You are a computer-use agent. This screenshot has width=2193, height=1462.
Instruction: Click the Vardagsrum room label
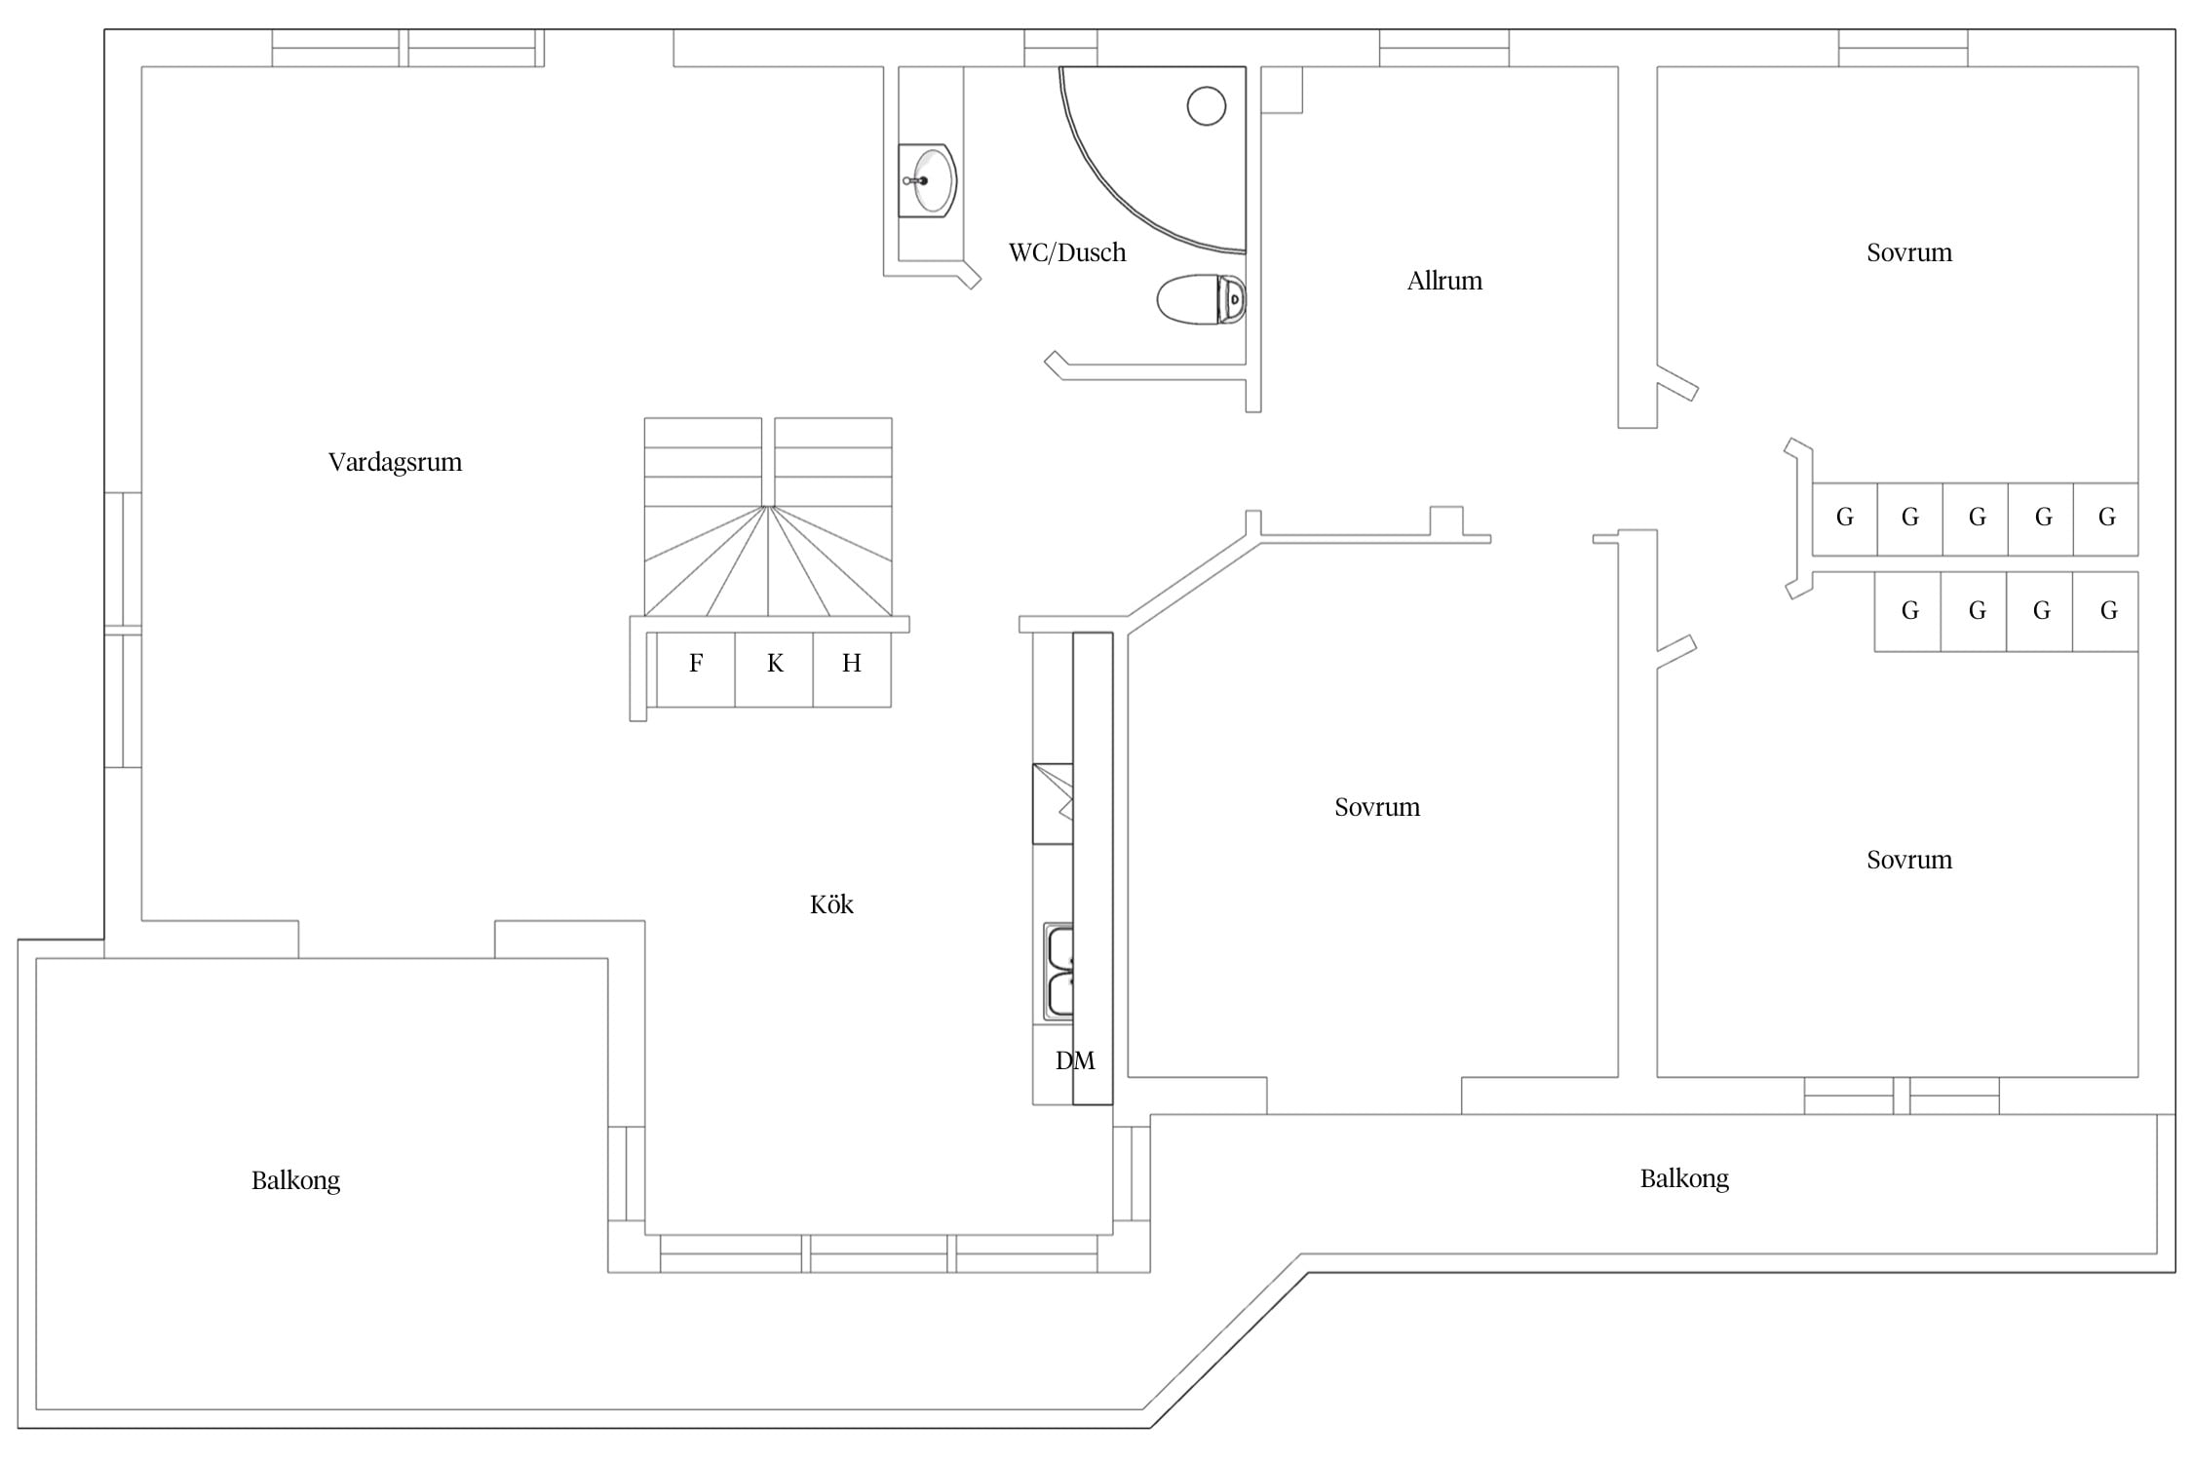(395, 462)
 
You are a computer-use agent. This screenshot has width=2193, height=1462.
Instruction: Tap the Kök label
(831, 904)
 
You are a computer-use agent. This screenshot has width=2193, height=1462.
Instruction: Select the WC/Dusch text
(1067, 252)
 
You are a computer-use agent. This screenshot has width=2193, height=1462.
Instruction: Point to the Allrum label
(1444, 281)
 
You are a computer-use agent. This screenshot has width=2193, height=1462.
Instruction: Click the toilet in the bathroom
(1202, 299)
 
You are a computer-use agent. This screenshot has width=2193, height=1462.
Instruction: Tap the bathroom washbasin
(928, 180)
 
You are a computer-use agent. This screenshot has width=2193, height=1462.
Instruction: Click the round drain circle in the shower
(1207, 105)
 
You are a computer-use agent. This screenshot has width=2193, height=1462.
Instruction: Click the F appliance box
(696, 670)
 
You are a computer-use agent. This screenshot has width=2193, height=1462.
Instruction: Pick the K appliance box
(774, 670)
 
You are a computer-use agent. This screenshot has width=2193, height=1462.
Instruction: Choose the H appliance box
(852, 670)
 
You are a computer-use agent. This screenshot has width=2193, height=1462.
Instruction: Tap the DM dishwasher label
(1075, 1060)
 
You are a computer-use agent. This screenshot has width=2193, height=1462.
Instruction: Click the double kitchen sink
(1058, 971)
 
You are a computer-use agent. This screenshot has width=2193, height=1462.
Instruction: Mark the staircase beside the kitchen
(768, 518)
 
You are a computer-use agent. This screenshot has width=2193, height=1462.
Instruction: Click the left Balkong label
(295, 1180)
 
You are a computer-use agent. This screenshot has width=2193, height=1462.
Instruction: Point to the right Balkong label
(1684, 1178)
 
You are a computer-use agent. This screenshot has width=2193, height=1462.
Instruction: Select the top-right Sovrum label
(1909, 252)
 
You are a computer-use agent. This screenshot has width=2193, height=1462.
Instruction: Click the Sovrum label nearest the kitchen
(1377, 807)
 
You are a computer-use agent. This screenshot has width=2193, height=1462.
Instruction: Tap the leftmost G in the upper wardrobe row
(1845, 518)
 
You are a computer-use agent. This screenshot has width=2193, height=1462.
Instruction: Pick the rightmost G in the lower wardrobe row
(2108, 611)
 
